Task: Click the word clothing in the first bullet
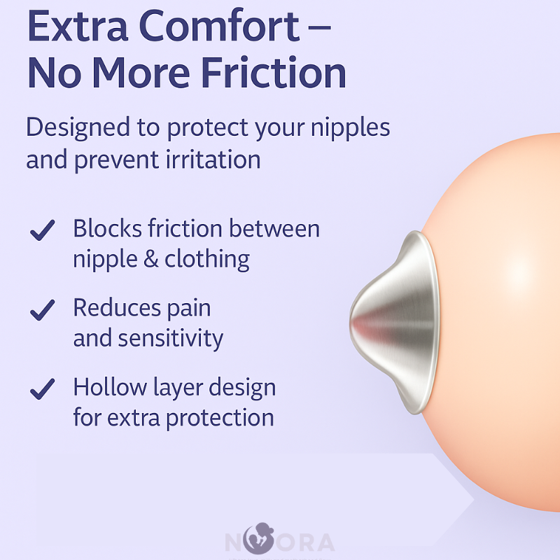pos(207,260)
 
